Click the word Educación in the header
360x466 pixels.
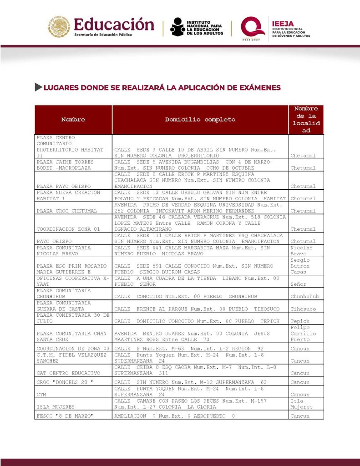point(114,24)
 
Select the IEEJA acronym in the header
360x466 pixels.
point(282,24)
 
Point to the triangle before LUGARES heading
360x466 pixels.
point(38,87)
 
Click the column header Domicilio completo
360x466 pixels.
point(200,120)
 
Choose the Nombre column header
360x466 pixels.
point(73,120)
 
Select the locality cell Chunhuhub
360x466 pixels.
point(304,297)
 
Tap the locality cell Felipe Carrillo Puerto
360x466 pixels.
point(302,334)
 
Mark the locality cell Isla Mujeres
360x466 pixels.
point(301,404)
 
